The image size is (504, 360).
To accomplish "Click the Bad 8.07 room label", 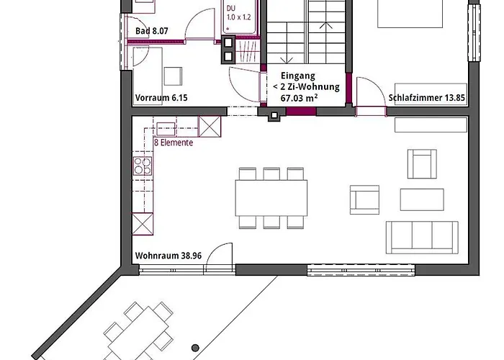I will (x=151, y=32).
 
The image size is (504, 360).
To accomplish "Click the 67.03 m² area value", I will (x=296, y=97).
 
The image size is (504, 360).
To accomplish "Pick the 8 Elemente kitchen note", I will (x=174, y=143).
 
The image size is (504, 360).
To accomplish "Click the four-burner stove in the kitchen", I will (x=142, y=167).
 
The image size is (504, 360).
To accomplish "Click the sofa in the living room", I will (x=422, y=237).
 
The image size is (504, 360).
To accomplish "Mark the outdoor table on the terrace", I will (x=141, y=331).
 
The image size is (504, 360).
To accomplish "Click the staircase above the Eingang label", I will (x=307, y=32).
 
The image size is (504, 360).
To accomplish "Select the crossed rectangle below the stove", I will (x=142, y=225).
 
